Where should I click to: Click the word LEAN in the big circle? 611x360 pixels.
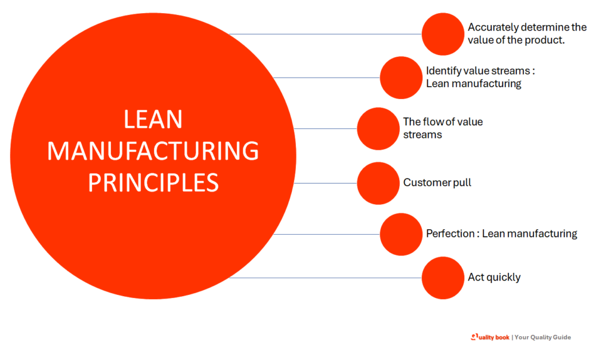153,120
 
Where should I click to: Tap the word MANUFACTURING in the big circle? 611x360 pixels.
153,151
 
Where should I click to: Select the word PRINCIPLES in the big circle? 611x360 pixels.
153,182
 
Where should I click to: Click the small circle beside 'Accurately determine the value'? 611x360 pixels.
443,34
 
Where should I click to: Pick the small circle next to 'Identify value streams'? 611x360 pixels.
401,78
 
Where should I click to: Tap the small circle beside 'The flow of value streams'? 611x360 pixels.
378,128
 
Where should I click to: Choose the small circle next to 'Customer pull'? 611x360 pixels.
378,183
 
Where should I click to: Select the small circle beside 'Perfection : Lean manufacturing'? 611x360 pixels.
401,234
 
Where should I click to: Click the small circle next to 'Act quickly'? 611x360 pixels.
443,278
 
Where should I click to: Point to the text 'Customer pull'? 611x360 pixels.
437,183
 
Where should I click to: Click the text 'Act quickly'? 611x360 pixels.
494,278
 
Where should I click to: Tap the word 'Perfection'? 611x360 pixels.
449,233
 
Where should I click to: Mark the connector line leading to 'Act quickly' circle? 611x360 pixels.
325,278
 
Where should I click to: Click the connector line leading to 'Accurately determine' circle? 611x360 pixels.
325,34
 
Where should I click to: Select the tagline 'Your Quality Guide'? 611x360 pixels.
542,337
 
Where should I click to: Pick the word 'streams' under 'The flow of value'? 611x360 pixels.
422,135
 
